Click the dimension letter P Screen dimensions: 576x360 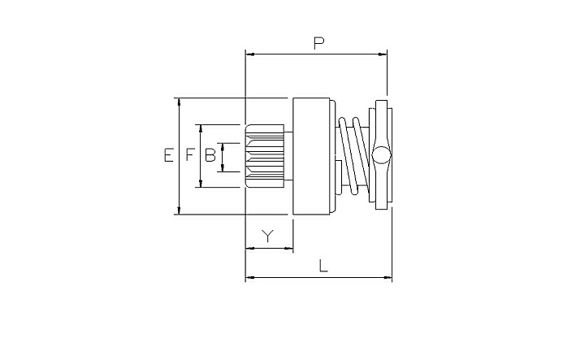(x=318, y=43)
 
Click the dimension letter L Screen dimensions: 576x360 (x=323, y=266)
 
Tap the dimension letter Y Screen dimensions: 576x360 (x=268, y=236)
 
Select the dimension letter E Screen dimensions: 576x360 (x=168, y=155)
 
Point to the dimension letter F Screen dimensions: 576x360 (x=189, y=155)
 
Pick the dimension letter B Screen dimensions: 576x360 (x=210, y=155)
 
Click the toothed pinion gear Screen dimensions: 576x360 (x=265, y=156)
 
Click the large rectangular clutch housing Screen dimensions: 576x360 (x=311, y=156)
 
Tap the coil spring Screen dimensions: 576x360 (x=353, y=155)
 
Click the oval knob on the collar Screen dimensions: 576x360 (x=381, y=155)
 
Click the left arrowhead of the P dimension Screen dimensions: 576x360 (x=249, y=54)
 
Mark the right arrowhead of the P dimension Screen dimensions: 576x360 (x=383, y=54)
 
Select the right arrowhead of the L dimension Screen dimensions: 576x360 (x=388, y=277)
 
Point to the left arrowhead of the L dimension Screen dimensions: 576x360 (x=249, y=277)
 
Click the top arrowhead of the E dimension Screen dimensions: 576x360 (x=179, y=102)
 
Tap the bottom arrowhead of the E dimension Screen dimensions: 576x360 (x=179, y=210)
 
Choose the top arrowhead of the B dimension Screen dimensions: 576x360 (x=223, y=147)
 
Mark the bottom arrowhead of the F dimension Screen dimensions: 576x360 (x=201, y=183)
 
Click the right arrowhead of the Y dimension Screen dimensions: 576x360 (x=288, y=249)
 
